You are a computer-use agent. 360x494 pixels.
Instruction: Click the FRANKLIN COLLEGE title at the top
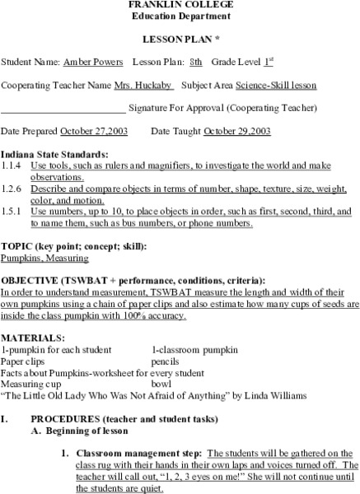[180, 5]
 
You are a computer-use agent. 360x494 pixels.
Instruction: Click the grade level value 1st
[269, 62]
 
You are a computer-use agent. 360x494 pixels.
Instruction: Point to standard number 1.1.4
[12, 165]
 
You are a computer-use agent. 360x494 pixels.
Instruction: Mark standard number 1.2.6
[12, 189]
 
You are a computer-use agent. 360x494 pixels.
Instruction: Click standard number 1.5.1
[12, 212]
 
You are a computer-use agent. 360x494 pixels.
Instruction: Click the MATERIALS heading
[32, 338]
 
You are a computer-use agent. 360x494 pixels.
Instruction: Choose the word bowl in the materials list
[161, 384]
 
